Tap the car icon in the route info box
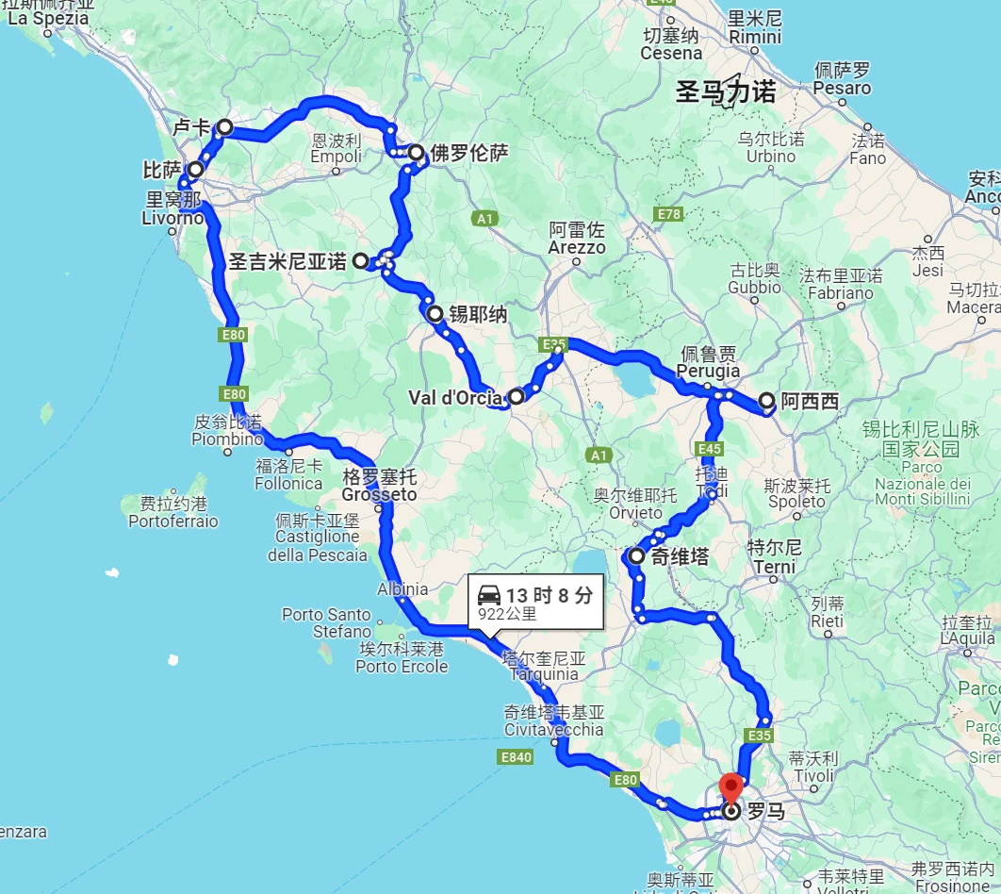click(x=489, y=595)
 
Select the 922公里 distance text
click(x=507, y=614)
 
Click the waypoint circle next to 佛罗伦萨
click(x=416, y=152)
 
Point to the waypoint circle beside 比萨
click(x=195, y=170)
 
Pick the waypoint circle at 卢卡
click(x=225, y=126)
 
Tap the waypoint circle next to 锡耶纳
click(x=435, y=314)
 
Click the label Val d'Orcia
click(x=455, y=398)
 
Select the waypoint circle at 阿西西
click(x=766, y=401)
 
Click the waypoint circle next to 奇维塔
click(x=636, y=556)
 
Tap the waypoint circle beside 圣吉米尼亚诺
click(x=360, y=261)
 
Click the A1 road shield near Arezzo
click(x=484, y=219)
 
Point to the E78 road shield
click(x=669, y=214)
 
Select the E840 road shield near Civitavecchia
click(x=516, y=756)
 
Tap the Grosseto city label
click(x=379, y=494)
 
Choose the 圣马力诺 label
click(x=726, y=92)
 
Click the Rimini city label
click(x=755, y=37)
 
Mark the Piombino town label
click(x=227, y=439)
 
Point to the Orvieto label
click(x=635, y=513)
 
